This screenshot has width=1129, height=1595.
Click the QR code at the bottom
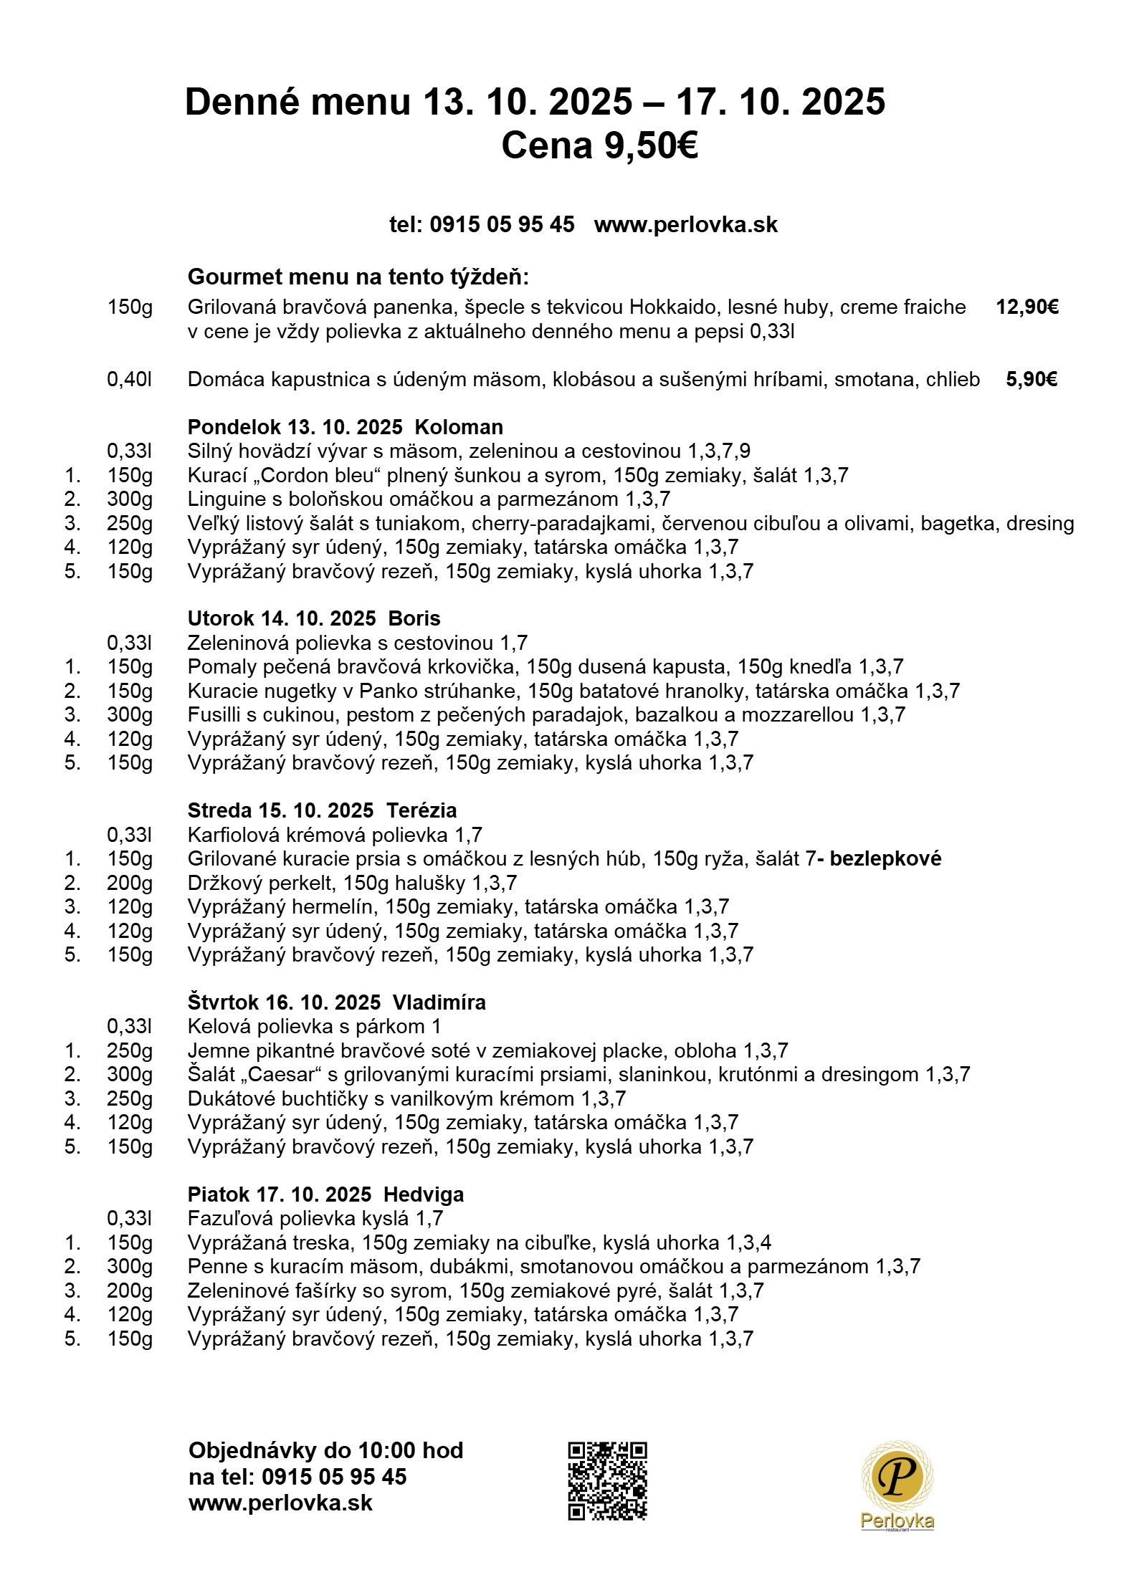[x=607, y=1481]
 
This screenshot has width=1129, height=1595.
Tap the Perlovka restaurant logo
[x=897, y=1487]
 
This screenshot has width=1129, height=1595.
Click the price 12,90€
[x=1026, y=307]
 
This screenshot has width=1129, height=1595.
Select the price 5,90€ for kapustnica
[x=1031, y=379]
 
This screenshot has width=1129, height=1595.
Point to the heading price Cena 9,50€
[x=599, y=146]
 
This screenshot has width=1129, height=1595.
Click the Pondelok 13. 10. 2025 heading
[x=345, y=427]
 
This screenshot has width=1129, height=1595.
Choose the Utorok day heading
[x=313, y=618]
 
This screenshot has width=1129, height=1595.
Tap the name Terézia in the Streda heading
[x=421, y=810]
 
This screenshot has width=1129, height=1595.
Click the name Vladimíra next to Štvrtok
[x=439, y=1002]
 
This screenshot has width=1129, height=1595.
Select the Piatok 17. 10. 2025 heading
[x=325, y=1194]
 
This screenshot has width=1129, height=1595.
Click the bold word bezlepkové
[x=885, y=858]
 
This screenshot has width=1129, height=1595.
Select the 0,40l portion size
[x=130, y=379]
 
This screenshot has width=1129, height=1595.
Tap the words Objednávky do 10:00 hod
[x=325, y=1450]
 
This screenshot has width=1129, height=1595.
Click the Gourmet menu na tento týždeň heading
[x=358, y=277]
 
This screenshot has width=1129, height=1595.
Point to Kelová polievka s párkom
[x=314, y=1026]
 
